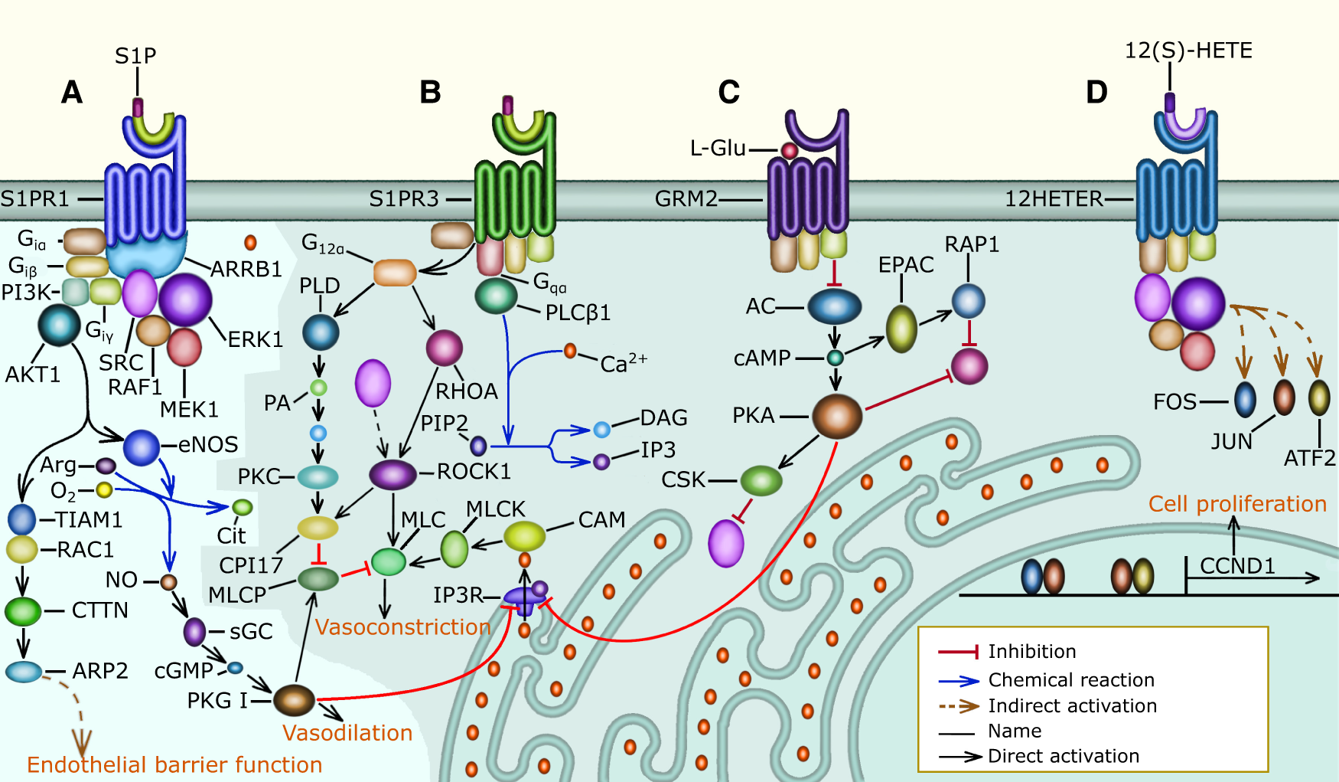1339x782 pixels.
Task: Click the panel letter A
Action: (x=71, y=93)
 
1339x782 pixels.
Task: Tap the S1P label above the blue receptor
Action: (x=135, y=56)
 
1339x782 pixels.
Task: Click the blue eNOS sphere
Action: (x=142, y=447)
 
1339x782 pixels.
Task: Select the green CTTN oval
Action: (x=23, y=611)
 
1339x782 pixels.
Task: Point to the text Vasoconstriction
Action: (x=402, y=627)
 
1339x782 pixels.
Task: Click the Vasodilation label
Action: (x=347, y=733)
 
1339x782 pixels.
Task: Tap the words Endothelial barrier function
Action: (x=174, y=764)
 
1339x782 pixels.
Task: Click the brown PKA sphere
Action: (x=837, y=417)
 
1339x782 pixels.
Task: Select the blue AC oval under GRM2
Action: (x=835, y=307)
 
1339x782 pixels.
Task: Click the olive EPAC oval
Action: (x=901, y=329)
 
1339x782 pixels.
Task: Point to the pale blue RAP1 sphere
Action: (x=968, y=301)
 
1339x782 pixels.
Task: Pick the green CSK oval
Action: (x=761, y=480)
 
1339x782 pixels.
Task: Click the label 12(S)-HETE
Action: (x=1188, y=51)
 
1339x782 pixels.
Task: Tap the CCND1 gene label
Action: (x=1237, y=566)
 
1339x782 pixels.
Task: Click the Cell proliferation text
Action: (x=1237, y=504)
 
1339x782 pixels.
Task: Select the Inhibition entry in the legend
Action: (x=1031, y=651)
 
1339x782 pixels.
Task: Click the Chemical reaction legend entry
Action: (x=1070, y=679)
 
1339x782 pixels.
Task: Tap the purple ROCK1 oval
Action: (x=393, y=474)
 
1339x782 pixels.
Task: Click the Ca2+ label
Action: (x=623, y=362)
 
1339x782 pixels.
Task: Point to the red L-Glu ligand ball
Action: (x=789, y=150)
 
